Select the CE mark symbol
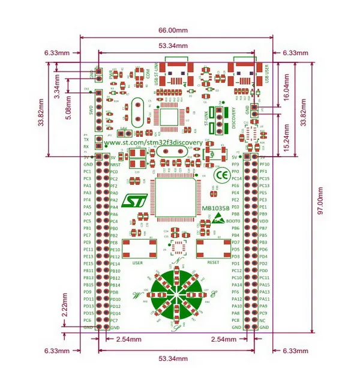click(220, 176)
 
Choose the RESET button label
click(212, 262)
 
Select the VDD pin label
click(263, 221)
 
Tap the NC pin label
click(263, 320)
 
